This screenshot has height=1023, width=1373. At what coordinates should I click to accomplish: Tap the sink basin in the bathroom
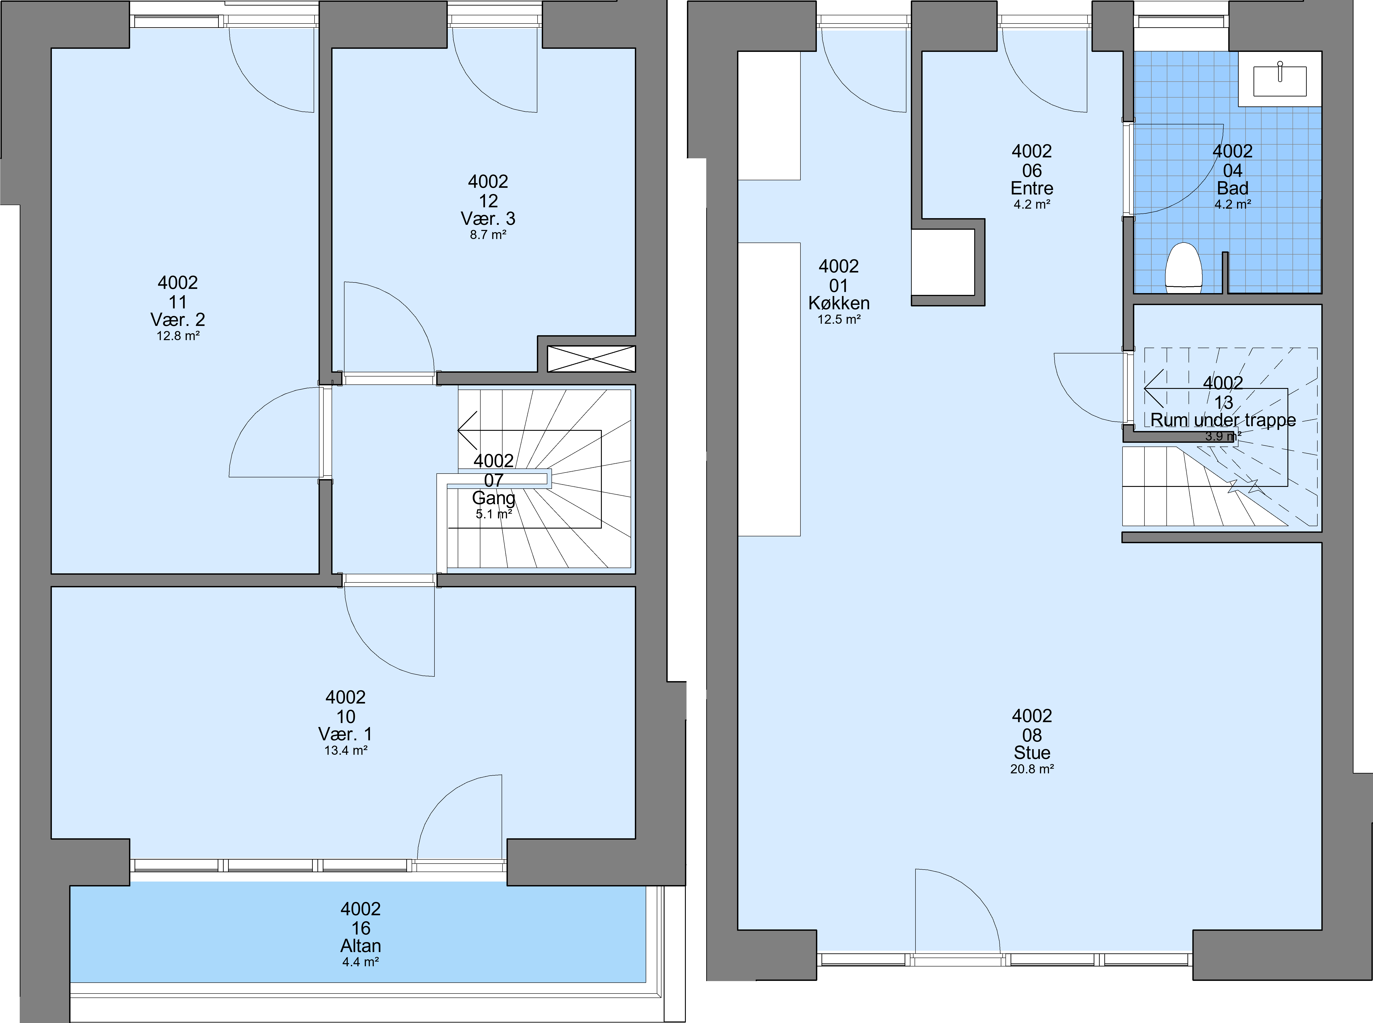[1279, 81]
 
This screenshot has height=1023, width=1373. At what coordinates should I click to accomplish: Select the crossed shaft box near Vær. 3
[591, 359]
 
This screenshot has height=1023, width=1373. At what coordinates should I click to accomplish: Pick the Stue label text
[1032, 752]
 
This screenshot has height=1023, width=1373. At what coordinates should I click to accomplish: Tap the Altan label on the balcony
[360, 946]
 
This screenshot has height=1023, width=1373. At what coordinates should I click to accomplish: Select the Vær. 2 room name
[178, 319]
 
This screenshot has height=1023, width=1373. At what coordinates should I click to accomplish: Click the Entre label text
[1032, 188]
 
